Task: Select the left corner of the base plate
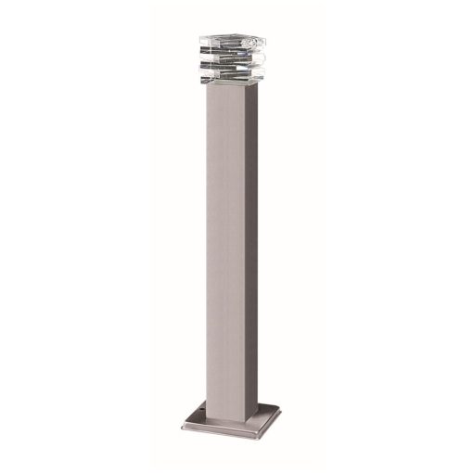(x=183, y=428)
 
